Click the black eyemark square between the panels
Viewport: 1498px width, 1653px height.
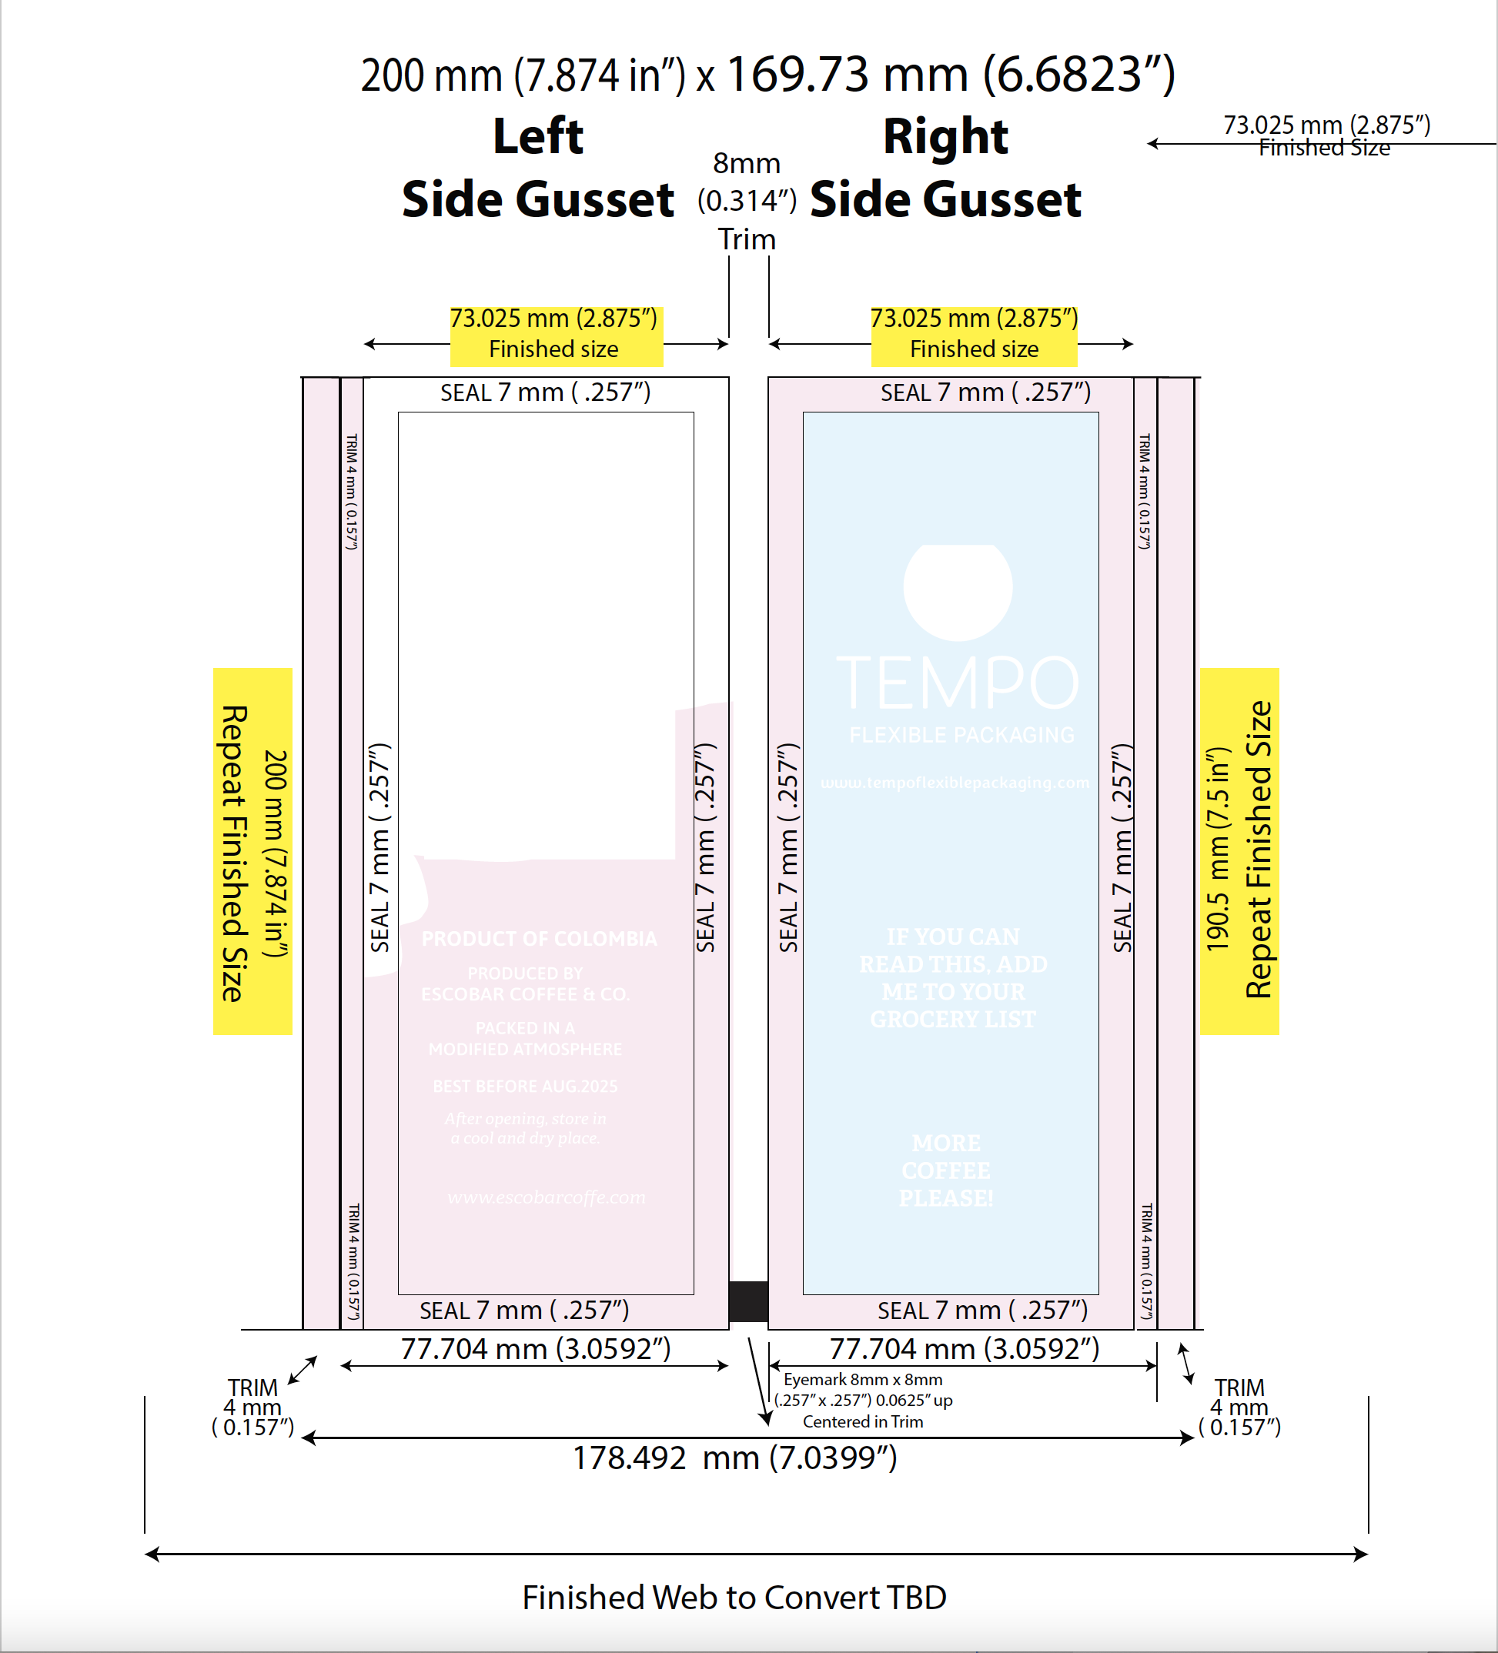[x=748, y=1301]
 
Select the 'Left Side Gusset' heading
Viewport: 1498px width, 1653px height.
[x=537, y=167]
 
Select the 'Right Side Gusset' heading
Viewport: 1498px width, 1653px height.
[x=945, y=167]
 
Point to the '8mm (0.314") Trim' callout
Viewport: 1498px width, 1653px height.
[x=747, y=201]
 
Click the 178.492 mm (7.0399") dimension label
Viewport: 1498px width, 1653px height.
[x=734, y=1458]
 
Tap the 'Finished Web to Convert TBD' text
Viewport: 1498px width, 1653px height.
[x=734, y=1598]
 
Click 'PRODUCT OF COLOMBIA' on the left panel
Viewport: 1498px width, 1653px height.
[x=539, y=939]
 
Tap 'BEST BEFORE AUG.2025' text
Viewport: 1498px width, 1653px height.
[x=525, y=1087]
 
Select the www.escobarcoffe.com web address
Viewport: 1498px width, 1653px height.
[x=547, y=1198]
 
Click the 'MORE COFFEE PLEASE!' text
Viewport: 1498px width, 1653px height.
[x=946, y=1171]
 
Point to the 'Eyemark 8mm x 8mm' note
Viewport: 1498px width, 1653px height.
[x=862, y=1380]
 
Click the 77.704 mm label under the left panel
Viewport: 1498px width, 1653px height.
[x=535, y=1349]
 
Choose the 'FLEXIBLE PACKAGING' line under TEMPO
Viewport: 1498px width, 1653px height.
[x=961, y=735]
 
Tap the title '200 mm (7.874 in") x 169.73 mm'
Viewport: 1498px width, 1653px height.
[x=767, y=75]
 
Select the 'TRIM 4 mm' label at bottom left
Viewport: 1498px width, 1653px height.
[x=252, y=1407]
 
